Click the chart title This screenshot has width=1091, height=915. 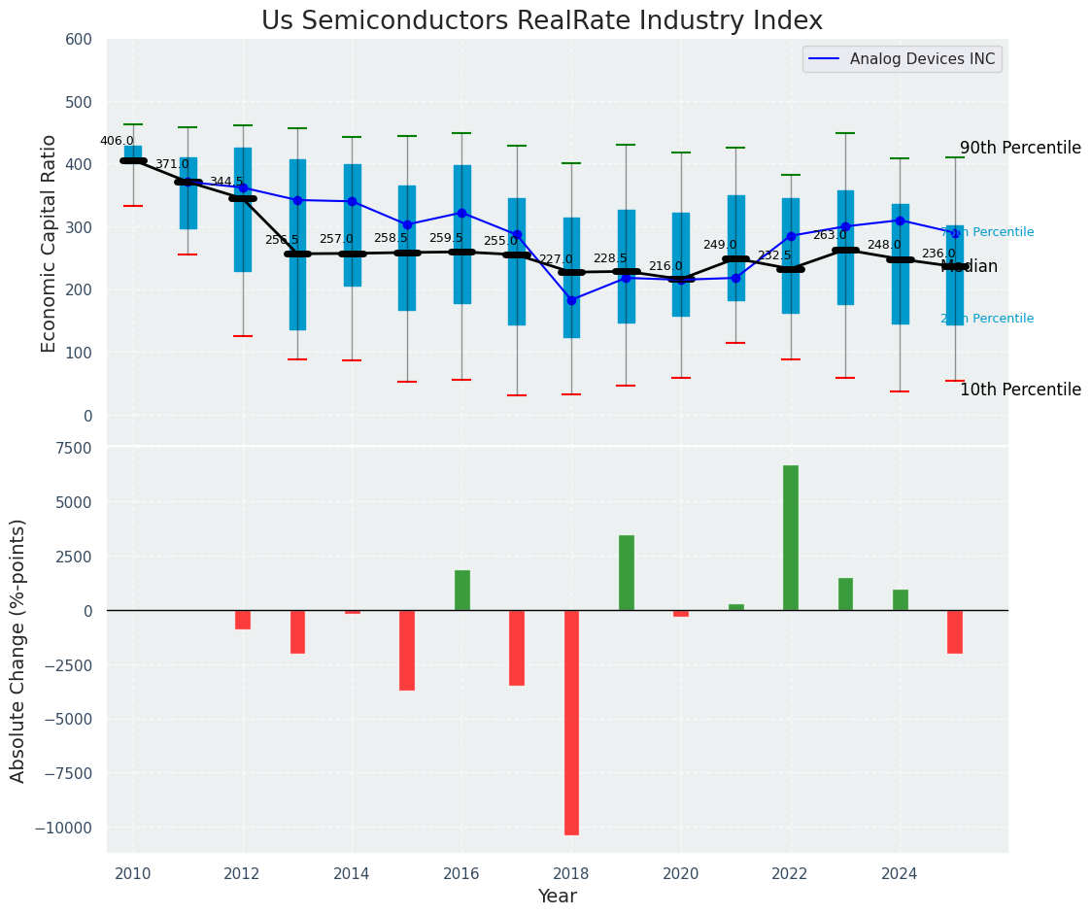(x=542, y=21)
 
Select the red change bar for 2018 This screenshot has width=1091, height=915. (x=571, y=722)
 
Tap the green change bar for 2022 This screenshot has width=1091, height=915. (x=791, y=537)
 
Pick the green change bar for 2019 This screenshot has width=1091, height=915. (x=627, y=572)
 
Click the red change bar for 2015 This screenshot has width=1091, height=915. (x=407, y=650)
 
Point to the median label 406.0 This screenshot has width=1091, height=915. (x=117, y=142)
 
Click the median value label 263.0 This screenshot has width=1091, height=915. (x=830, y=236)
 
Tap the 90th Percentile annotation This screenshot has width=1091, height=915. (x=1020, y=149)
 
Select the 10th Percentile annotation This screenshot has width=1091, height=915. (x=1020, y=390)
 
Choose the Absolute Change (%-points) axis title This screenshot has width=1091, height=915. (x=18, y=650)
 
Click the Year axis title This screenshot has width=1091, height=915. (x=557, y=897)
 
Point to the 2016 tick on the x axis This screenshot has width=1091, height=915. (x=461, y=873)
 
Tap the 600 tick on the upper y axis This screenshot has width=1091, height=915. (x=79, y=40)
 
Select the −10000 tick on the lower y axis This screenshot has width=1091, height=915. (x=62, y=829)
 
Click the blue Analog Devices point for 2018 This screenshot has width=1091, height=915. (x=571, y=300)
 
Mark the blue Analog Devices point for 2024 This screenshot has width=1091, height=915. (x=900, y=220)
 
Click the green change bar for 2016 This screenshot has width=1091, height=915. (x=462, y=590)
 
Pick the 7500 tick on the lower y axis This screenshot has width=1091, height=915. (x=71, y=448)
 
